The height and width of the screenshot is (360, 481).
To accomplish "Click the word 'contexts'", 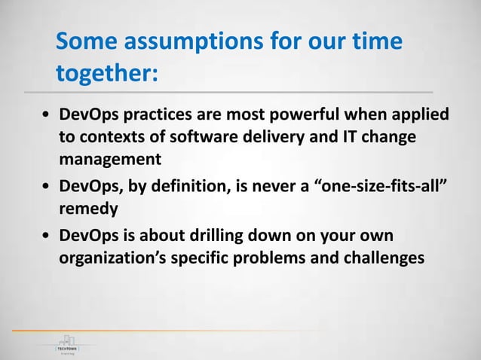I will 112,139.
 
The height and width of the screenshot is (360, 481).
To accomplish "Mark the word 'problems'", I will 262,257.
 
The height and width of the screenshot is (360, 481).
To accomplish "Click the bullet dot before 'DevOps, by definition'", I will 47,183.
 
